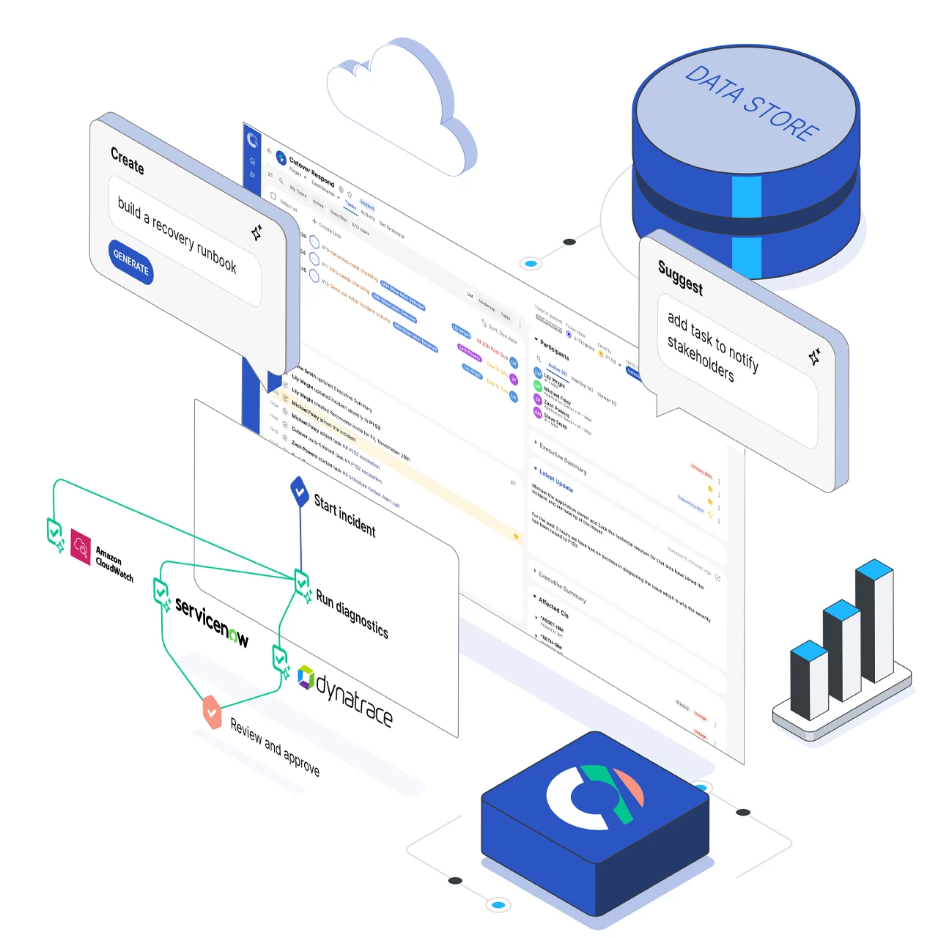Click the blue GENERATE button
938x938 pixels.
[131, 262]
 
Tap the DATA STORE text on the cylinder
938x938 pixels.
[750, 103]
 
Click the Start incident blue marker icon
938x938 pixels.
[299, 490]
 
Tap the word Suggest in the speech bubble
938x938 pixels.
[680, 278]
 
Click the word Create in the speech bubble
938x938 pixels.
[128, 160]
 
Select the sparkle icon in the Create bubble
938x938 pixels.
[256, 233]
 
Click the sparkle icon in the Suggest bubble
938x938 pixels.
[814, 357]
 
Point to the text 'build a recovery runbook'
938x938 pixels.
[177, 234]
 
